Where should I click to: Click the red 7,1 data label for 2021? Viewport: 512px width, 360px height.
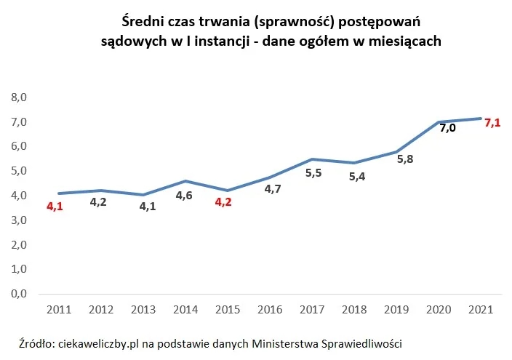point(492,123)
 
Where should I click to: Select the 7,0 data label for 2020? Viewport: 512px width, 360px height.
point(447,128)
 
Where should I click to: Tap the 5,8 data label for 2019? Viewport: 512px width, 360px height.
point(406,159)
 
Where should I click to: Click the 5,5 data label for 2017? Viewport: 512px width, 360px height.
point(313,172)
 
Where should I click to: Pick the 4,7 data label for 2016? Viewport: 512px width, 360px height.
point(271,189)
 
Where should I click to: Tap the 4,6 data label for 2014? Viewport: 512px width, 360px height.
point(185,195)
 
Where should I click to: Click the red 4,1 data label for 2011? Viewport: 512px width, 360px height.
point(55,207)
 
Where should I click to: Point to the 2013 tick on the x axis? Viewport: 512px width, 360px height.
point(144,309)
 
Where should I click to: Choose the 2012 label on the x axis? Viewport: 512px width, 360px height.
point(101,309)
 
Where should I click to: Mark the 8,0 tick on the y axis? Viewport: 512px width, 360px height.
point(18,97)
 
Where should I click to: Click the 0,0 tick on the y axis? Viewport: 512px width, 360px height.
point(18,294)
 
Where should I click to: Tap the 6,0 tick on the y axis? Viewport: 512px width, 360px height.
point(18,146)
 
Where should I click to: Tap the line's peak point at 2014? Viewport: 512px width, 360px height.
point(186,181)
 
